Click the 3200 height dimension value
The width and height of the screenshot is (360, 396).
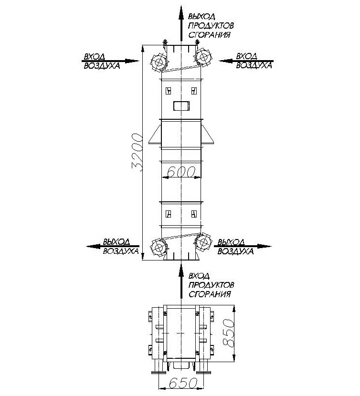pyautogui.click(x=138, y=152)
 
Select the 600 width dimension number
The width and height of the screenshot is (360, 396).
pyautogui.click(x=181, y=172)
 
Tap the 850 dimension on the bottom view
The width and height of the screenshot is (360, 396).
pyautogui.click(x=228, y=333)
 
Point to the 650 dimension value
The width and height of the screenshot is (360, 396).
pyautogui.click(x=182, y=383)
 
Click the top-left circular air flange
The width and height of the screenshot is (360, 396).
pyautogui.click(x=159, y=62)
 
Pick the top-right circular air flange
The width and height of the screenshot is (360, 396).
pyautogui.click(x=204, y=57)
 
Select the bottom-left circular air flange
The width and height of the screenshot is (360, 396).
pyautogui.click(x=159, y=248)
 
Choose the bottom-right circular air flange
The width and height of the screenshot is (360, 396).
pyautogui.click(x=204, y=242)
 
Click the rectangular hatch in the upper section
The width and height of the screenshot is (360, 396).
pyautogui.click(x=181, y=105)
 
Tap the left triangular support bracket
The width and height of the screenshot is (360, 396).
pyautogui.click(x=155, y=135)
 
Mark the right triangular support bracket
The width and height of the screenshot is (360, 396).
pyautogui.click(x=208, y=135)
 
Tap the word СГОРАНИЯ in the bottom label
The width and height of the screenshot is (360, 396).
pyautogui.click(x=210, y=294)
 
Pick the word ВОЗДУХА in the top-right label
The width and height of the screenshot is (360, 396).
pyautogui.click(x=254, y=65)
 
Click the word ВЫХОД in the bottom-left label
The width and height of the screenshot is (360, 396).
pyautogui.click(x=116, y=242)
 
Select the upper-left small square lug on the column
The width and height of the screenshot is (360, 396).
pyautogui.click(x=169, y=91)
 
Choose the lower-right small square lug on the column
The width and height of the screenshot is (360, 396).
pyautogui.click(x=194, y=214)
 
